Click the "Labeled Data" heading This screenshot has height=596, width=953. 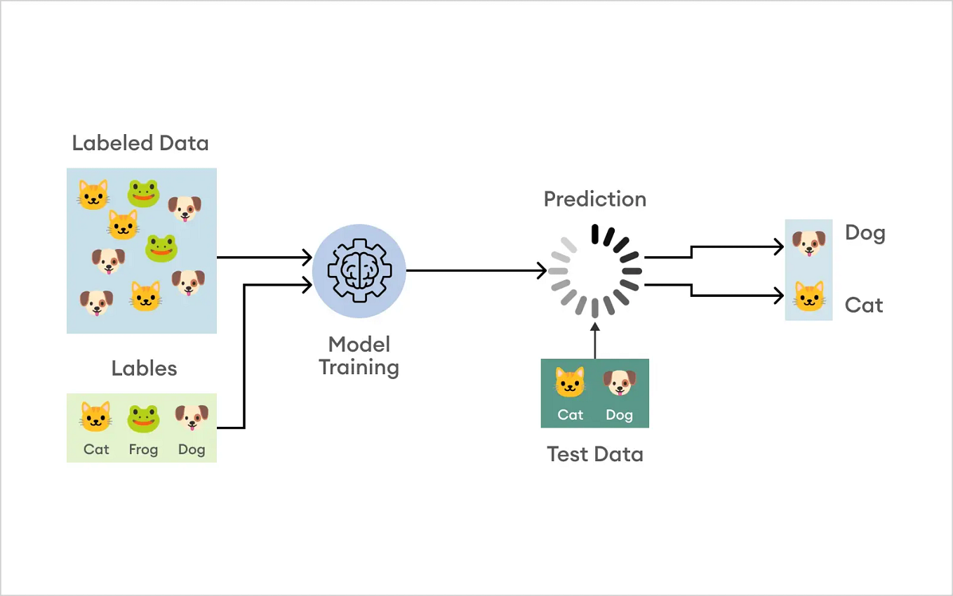tap(140, 143)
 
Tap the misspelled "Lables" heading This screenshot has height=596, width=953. tap(144, 369)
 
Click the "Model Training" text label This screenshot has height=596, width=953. tap(359, 356)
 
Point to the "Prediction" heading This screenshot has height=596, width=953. tap(594, 199)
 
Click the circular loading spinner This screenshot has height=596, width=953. tap(594, 271)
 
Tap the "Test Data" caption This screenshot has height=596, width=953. tap(594, 454)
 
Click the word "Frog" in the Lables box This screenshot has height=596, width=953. tap(143, 449)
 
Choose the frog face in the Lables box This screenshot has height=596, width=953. tap(143, 418)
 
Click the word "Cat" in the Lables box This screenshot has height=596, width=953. tap(96, 449)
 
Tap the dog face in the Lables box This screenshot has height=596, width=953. tap(192, 418)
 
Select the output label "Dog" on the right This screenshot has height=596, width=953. tap(865, 233)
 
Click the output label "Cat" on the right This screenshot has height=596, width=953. tap(863, 305)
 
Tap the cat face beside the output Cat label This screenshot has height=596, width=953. tap(808, 296)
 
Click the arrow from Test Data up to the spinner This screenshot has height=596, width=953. tap(594, 340)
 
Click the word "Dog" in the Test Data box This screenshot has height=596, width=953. tap(619, 415)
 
